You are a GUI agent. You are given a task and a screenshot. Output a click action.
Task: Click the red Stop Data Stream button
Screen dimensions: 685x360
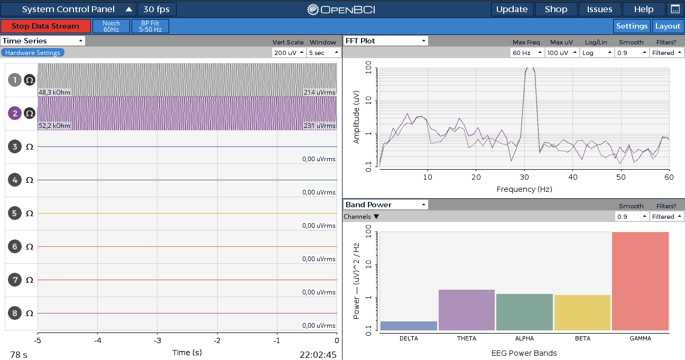click(x=45, y=26)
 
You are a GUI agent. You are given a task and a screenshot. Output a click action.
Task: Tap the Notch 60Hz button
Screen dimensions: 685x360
click(x=111, y=26)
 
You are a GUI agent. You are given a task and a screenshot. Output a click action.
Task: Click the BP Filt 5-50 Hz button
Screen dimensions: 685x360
click(x=150, y=26)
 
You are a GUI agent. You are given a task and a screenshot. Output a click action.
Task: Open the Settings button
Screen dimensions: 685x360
click(x=632, y=26)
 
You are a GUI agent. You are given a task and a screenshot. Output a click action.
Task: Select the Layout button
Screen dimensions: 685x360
click(x=668, y=26)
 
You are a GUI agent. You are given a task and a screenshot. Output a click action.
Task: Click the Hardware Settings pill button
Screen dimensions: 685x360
click(x=33, y=53)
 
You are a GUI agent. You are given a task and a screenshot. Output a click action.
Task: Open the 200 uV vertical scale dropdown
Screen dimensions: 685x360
click(x=289, y=53)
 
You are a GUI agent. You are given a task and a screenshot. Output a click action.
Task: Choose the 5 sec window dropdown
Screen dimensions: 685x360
click(x=323, y=53)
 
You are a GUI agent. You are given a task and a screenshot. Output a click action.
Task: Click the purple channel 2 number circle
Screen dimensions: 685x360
click(x=15, y=114)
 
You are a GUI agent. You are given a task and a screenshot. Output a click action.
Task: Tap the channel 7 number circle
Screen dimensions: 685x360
click(x=15, y=280)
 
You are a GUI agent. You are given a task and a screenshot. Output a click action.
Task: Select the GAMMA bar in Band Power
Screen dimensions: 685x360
click(x=641, y=281)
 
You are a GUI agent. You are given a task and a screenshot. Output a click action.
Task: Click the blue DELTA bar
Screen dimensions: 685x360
click(x=409, y=326)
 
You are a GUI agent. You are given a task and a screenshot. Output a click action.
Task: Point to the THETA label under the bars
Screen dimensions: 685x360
click(x=467, y=338)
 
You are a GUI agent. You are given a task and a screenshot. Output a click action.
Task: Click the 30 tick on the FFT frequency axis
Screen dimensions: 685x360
click(x=524, y=177)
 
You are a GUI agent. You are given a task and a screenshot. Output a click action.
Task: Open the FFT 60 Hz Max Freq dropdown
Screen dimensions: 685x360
click(x=527, y=53)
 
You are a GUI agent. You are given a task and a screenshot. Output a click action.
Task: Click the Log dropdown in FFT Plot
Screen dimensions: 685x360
click(x=597, y=53)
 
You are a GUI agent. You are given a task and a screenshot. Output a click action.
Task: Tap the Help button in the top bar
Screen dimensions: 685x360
click(x=643, y=9)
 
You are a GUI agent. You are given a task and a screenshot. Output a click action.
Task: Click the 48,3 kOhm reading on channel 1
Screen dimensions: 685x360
click(x=54, y=93)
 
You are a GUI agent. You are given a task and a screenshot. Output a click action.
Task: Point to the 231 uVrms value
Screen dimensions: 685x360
click(x=320, y=126)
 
